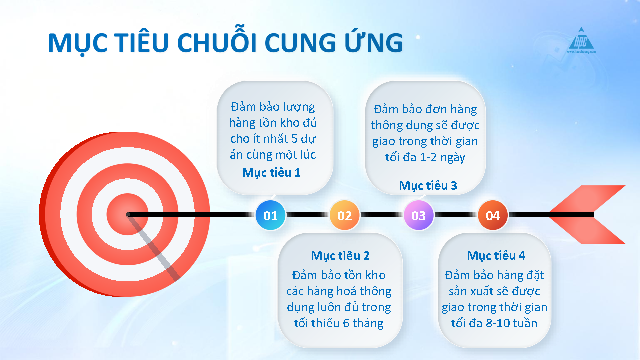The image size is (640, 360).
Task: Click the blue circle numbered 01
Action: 270,215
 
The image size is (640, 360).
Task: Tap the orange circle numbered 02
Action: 345,215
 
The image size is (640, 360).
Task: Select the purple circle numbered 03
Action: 419,215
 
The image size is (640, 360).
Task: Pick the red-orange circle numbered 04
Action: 493,215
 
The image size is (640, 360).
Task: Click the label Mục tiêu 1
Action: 271,173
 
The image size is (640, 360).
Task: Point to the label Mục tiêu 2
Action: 340,256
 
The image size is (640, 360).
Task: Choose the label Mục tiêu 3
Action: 428,186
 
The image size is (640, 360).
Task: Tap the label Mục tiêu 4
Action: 496,256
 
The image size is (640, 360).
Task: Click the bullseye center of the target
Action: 128,214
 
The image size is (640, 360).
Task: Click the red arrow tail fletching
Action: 588,215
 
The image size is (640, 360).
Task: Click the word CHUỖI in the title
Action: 218,42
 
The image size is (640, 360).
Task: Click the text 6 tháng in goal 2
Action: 363,323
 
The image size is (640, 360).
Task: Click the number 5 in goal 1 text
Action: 294,139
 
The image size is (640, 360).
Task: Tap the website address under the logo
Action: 581,52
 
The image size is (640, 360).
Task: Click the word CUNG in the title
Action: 300,42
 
